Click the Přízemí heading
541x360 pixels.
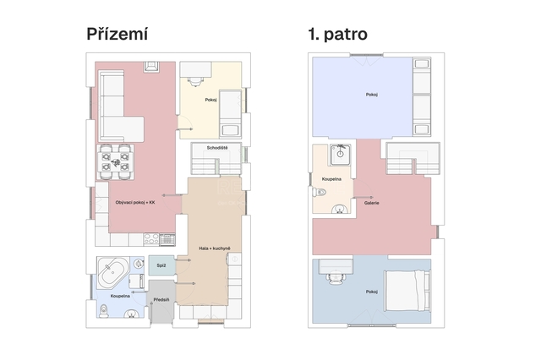pos(117,34)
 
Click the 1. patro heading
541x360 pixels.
pos(338,34)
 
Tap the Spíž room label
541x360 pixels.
pos(161,265)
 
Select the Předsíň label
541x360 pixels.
pos(161,300)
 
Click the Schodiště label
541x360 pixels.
pos(217,148)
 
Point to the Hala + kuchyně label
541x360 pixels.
pos(215,248)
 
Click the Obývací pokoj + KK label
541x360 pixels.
pos(135,203)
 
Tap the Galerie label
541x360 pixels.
pos(372,203)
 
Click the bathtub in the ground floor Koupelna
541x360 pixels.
pos(112,272)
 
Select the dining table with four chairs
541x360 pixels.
pos(115,161)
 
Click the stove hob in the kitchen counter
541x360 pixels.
pos(151,239)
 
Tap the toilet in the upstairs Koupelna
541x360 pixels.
pos(320,192)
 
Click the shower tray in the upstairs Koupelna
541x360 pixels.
pos(340,155)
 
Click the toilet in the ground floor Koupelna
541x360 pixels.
pos(103,311)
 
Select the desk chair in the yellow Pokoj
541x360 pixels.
pos(195,81)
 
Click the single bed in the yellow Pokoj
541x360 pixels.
pos(231,114)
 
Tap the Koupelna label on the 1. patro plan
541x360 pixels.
pos(331,179)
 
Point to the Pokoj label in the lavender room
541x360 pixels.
pos(372,95)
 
